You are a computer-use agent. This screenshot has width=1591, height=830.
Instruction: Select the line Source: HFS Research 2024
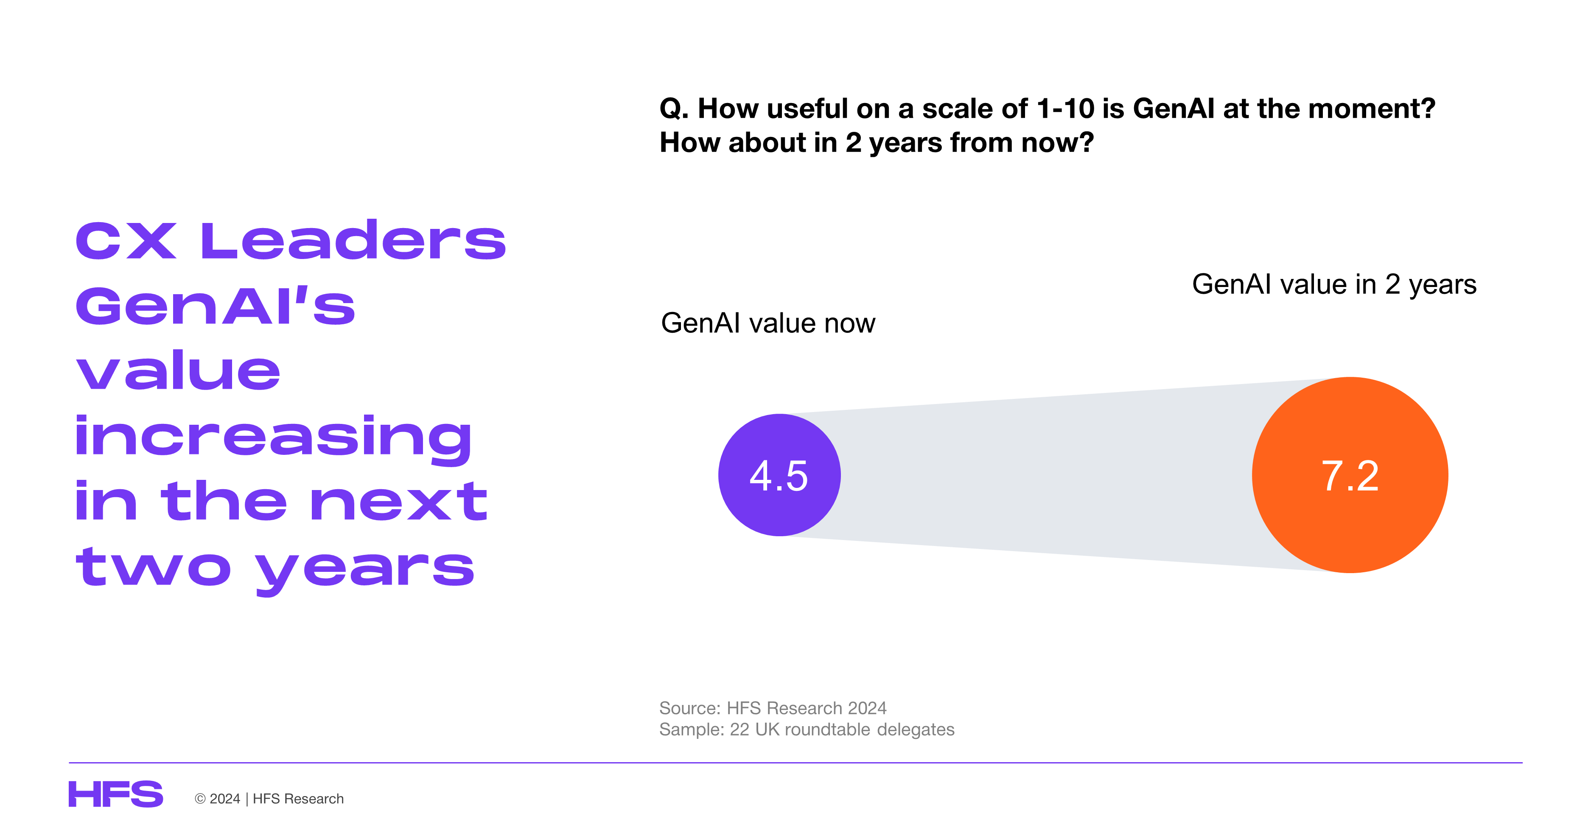[x=773, y=708]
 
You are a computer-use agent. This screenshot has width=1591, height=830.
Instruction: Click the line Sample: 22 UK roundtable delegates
[x=807, y=730]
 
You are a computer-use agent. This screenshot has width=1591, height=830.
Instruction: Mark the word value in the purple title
[x=178, y=370]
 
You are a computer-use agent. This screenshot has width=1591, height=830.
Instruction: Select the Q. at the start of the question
[x=674, y=109]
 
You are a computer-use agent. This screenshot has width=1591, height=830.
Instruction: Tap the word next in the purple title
[x=398, y=501]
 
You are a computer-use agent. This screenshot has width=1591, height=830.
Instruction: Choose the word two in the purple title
[x=153, y=566]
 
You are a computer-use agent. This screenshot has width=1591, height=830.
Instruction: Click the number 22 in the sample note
[x=739, y=730]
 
